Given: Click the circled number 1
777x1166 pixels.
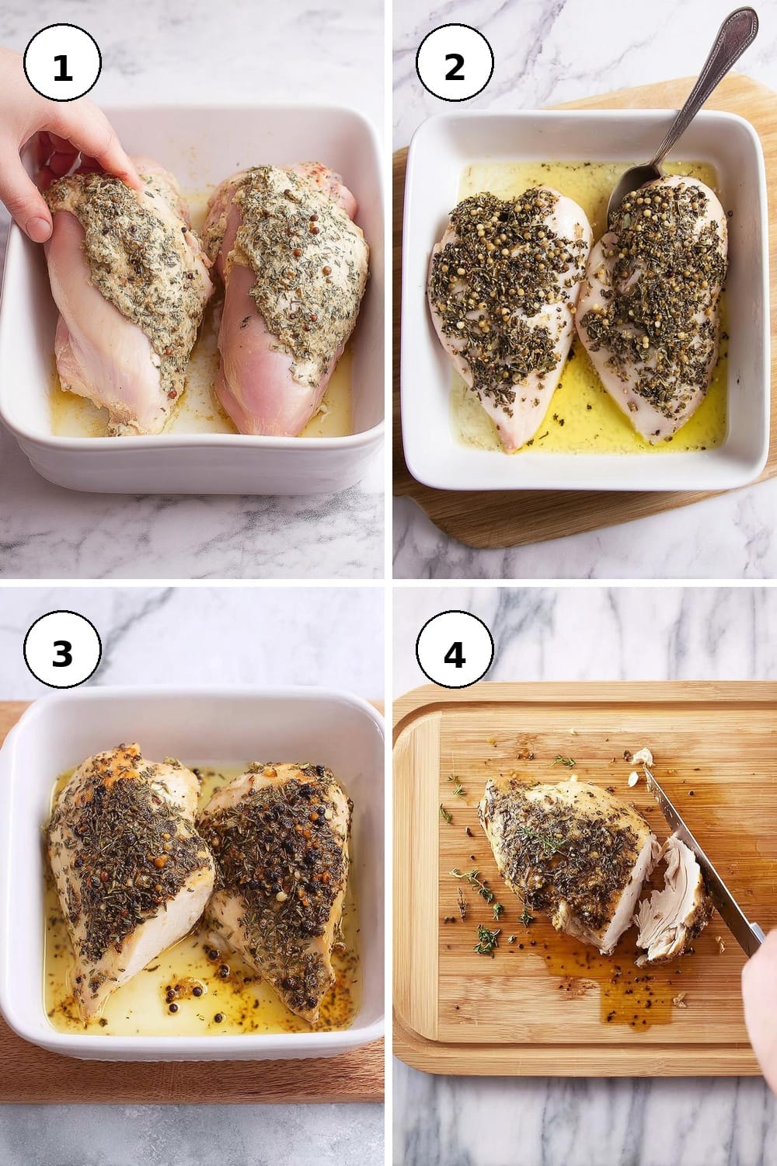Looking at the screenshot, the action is (62, 63).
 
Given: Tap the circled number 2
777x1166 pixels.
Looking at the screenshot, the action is (455, 63).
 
